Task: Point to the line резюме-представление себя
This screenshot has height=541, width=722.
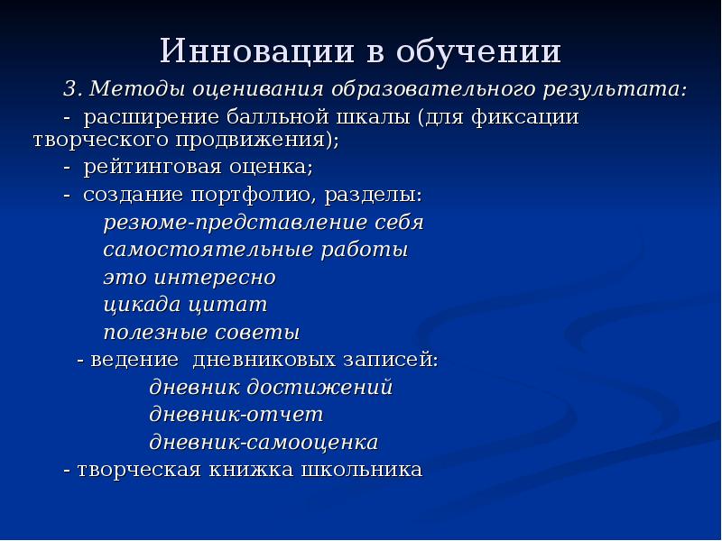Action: [263, 222]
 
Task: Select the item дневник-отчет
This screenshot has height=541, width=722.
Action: [236, 415]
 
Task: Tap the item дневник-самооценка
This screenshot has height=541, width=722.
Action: [263, 443]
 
